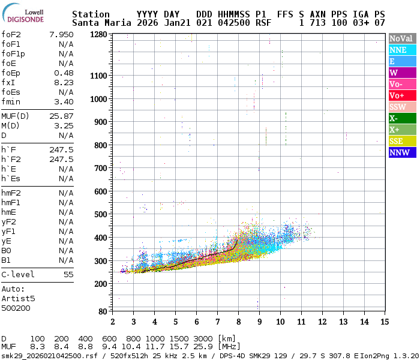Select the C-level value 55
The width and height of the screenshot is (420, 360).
(68, 274)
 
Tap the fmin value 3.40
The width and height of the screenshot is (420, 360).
(64, 101)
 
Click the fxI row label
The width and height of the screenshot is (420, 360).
(8, 82)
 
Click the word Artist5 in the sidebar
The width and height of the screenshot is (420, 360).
(18, 298)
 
